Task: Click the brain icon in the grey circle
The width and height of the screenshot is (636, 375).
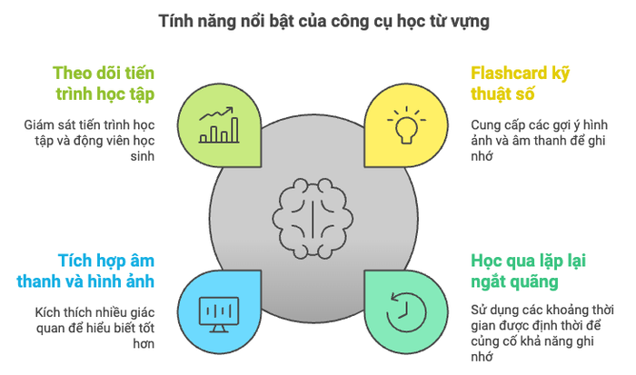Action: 313,218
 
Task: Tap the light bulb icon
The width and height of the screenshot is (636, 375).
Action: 406,125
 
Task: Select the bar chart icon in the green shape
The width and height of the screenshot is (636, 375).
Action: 219,125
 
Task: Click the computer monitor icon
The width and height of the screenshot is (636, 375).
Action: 219,314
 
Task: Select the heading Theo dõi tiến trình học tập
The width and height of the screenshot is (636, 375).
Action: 104,84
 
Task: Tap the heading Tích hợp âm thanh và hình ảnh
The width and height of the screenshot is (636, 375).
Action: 85,271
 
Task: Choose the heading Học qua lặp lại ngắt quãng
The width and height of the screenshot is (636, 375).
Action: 528,271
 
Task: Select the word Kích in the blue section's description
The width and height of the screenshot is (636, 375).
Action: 45,312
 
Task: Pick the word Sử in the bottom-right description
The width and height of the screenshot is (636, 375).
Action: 478,311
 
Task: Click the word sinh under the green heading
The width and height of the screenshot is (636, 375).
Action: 143,156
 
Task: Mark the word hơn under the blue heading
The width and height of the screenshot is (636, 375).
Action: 144,344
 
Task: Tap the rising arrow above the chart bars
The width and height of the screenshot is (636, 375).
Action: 216,113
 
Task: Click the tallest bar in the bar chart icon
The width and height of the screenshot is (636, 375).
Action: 234,130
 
